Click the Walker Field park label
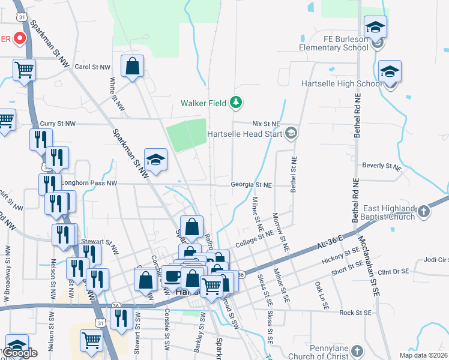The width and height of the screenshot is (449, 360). [203, 103]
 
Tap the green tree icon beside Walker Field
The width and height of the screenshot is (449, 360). [237, 103]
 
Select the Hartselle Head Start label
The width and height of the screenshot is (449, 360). [246, 133]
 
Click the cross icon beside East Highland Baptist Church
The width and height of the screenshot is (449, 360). [424, 211]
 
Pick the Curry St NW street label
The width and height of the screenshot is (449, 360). [56, 123]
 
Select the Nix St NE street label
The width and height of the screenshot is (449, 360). [265, 123]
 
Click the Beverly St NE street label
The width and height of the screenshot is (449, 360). [381, 165]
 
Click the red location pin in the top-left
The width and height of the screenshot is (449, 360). [19, 39]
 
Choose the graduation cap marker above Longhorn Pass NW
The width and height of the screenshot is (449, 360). [155, 160]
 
